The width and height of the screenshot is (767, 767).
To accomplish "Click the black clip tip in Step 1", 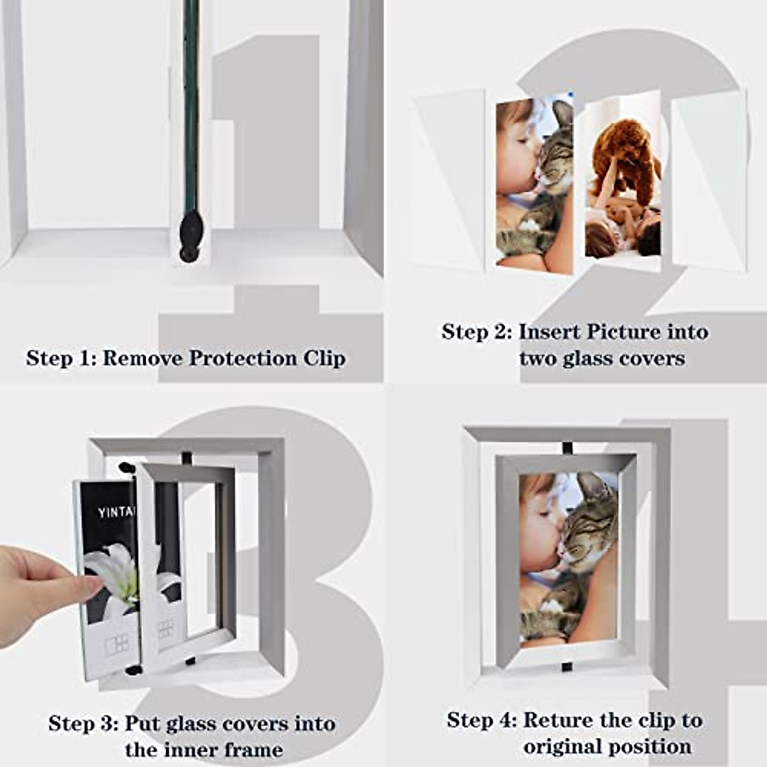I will pos(190,237).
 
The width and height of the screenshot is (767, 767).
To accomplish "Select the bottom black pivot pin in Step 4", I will pos(566,667).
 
